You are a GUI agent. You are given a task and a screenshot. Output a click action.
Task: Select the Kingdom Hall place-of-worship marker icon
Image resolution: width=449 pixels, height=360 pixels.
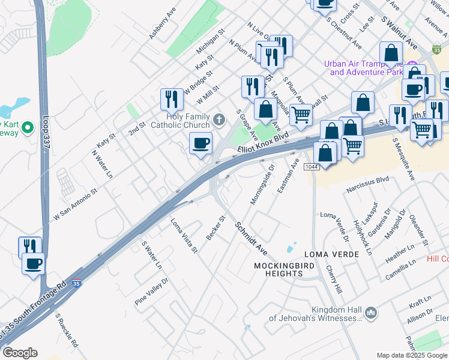coord(371,313)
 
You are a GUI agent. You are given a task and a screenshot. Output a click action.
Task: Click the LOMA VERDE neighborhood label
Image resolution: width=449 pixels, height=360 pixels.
coord(331,254)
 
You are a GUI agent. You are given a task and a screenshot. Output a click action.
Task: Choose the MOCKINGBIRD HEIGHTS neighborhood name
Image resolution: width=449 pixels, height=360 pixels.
coord(277,269)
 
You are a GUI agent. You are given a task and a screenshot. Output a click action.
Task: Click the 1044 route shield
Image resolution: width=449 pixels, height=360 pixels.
coord(310,166)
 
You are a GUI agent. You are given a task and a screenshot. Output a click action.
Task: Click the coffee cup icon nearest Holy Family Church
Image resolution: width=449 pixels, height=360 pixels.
coord(201,143)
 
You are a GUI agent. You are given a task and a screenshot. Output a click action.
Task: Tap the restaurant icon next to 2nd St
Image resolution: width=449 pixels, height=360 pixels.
coord(172,98)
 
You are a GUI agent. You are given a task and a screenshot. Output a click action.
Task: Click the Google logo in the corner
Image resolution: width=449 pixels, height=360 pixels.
coord(19,353)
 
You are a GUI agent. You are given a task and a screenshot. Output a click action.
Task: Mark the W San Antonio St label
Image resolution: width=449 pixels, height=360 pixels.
coord(76,205)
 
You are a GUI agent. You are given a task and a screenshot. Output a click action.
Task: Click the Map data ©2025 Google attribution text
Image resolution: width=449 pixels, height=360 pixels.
coord(412,355)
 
